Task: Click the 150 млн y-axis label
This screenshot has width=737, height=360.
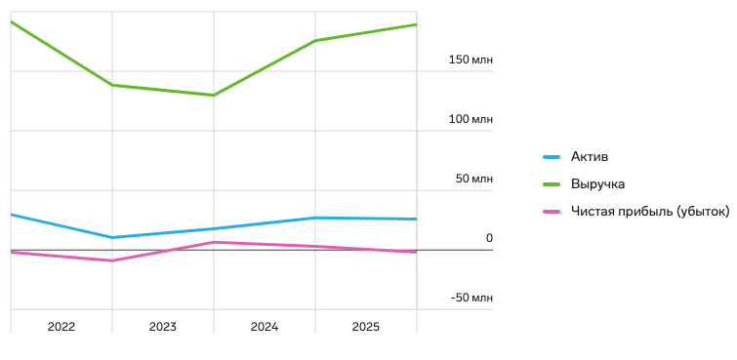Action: (471, 60)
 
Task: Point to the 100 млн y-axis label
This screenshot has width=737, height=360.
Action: (471, 119)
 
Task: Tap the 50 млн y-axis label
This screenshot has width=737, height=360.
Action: (473, 180)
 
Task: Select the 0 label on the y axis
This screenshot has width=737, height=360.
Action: (489, 238)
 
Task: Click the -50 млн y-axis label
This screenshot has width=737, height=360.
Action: (471, 298)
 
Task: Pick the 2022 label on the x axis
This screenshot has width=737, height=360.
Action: (61, 327)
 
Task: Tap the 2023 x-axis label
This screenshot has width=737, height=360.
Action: (163, 327)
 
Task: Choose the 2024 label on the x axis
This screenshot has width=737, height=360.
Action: (265, 327)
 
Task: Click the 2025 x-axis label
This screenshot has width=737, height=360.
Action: (366, 327)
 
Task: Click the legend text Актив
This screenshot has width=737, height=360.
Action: (590, 156)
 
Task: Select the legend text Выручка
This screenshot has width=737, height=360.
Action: (597, 183)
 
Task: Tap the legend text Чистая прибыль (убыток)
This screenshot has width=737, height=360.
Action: (650, 211)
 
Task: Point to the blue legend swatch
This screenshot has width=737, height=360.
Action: (552, 157)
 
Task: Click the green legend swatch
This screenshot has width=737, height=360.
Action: (552, 184)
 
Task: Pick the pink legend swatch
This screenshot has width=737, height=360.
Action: (552, 212)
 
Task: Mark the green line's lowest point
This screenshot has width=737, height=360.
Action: (214, 96)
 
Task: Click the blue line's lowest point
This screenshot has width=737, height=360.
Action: (112, 237)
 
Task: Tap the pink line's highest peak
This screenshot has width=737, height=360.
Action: (214, 242)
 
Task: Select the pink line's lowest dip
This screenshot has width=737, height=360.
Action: (112, 260)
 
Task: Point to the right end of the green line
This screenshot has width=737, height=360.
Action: (417, 24)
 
